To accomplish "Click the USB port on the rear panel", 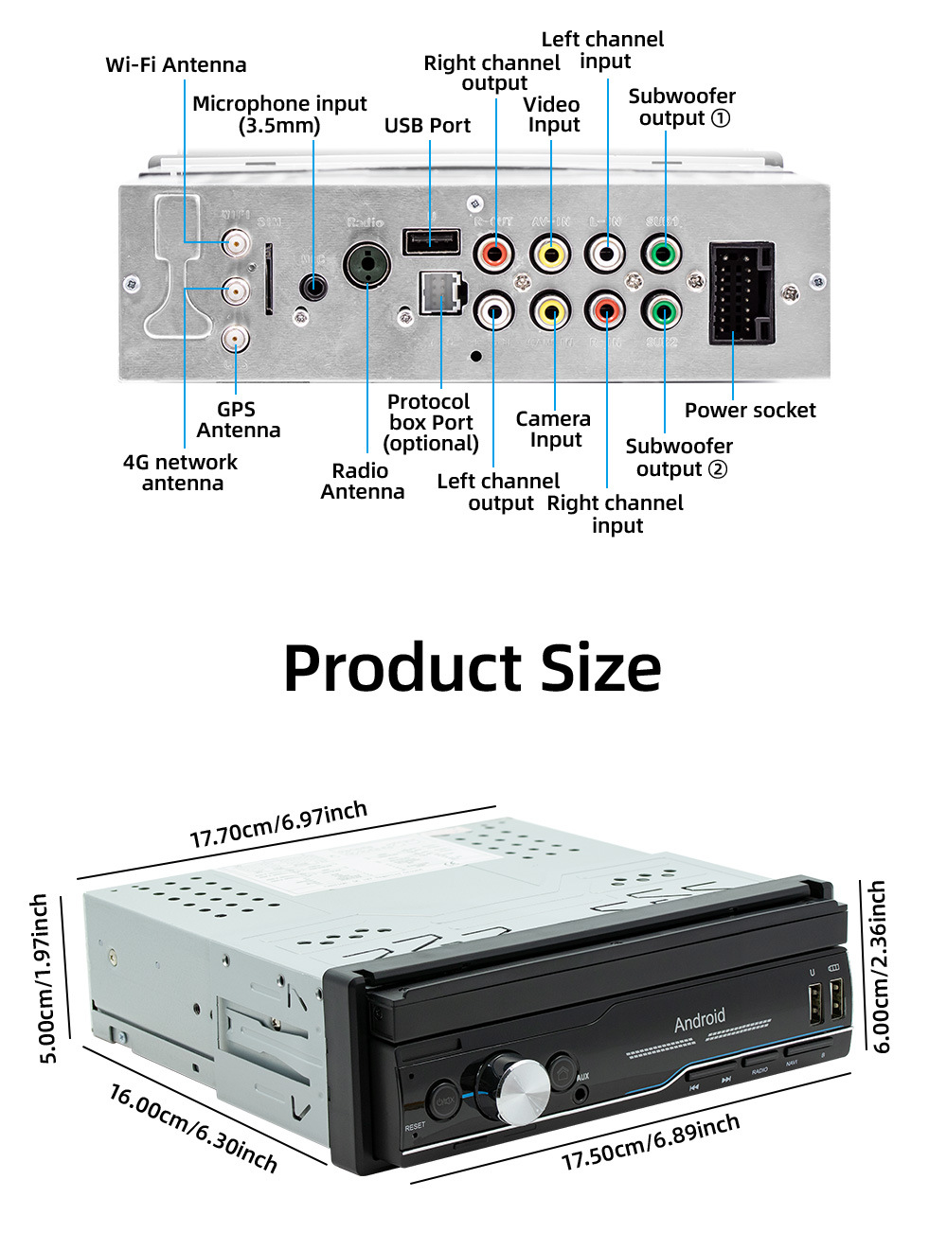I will click(x=431, y=241).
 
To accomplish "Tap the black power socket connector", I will click(x=742, y=292).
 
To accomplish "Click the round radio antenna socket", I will click(x=367, y=264).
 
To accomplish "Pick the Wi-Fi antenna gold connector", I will click(x=236, y=244).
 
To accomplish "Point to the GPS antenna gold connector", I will click(x=235, y=338).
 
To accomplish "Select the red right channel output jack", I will click(x=494, y=254).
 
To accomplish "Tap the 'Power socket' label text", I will click(x=750, y=410).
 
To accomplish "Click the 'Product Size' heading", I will click(x=472, y=668).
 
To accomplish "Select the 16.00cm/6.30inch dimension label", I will click(x=193, y=1128).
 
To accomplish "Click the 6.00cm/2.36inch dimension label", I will click(x=879, y=965).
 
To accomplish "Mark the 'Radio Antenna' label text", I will click(x=362, y=481).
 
